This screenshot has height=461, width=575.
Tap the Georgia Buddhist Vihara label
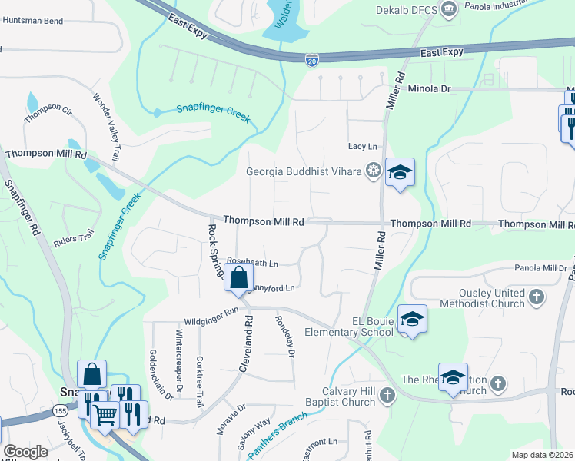click(304, 171)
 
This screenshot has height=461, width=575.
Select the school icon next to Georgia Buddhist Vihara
click(400, 173)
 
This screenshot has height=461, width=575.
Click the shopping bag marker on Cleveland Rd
click(239, 277)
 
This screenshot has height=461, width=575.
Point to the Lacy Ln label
click(363, 146)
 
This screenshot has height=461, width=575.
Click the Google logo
click(25, 452)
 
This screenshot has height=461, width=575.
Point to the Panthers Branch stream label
click(278, 436)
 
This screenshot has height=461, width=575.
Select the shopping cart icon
click(105, 415)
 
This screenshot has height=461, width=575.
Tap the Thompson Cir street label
click(48, 114)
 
